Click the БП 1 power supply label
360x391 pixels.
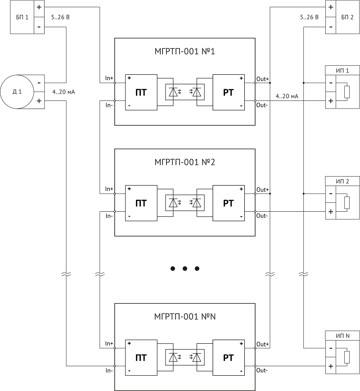point(22,17)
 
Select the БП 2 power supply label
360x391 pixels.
point(347,17)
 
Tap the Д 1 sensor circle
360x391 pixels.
point(17,92)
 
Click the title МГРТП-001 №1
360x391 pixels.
point(184,51)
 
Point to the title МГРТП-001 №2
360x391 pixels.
point(184,162)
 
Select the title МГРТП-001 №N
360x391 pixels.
point(185,317)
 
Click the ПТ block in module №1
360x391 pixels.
point(141,92)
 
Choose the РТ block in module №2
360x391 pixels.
point(229,203)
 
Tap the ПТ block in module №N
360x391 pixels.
point(141,358)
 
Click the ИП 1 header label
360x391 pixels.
point(342,71)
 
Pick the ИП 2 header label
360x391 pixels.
point(342,181)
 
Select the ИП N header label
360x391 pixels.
point(343,336)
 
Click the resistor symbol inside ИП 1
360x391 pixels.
point(347,92)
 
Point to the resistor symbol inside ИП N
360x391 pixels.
point(347,357)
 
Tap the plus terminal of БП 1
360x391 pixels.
point(39,7)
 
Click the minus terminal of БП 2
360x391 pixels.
point(331,27)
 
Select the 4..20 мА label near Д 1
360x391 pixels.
point(63,92)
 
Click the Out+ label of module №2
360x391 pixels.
point(263,190)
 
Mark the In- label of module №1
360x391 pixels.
point(109,105)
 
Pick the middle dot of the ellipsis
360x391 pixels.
point(185,268)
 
